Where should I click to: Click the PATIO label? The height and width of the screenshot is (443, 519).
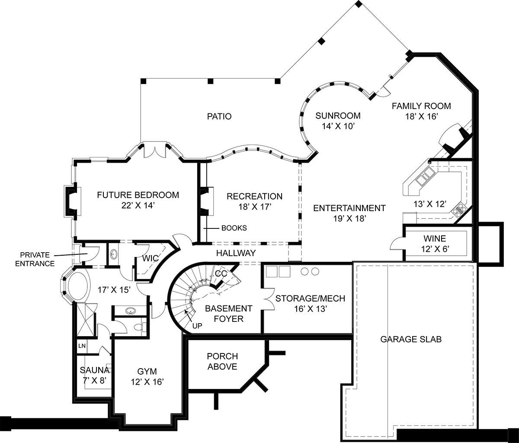pyautogui.click(x=219, y=116)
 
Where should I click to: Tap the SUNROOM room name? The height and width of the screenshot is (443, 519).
pyautogui.click(x=338, y=116)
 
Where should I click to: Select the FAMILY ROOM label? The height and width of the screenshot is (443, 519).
pyautogui.click(x=421, y=106)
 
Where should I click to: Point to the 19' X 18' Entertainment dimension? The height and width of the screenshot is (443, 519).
pyautogui.click(x=349, y=219)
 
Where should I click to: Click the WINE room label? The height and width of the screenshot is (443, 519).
pyautogui.click(x=435, y=238)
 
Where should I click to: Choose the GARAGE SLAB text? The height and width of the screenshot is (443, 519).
pyautogui.click(x=411, y=339)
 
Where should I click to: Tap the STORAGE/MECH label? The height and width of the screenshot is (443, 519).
pyautogui.click(x=310, y=299)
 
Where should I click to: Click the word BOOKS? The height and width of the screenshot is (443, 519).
pyautogui.click(x=234, y=228)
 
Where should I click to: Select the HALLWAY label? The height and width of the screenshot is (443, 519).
pyautogui.click(x=236, y=253)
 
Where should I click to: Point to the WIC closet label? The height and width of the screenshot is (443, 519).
pyautogui.click(x=151, y=258)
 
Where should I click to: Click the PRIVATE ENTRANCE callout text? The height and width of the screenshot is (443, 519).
pyautogui.click(x=35, y=259)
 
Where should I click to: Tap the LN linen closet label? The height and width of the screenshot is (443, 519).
pyautogui.click(x=82, y=346)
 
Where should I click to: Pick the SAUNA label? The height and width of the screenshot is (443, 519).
pyautogui.click(x=95, y=370)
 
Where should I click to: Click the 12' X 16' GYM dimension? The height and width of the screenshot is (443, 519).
pyautogui.click(x=147, y=382)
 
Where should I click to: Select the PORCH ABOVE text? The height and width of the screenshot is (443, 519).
pyautogui.click(x=222, y=361)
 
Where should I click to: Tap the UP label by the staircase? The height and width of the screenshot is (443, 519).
pyautogui.click(x=197, y=326)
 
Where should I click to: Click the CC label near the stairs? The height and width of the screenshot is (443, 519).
pyautogui.click(x=221, y=273)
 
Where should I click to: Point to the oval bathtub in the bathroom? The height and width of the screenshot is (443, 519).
pyautogui.click(x=78, y=286)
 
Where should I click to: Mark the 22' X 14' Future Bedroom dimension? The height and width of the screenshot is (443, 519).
pyautogui.click(x=138, y=205)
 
